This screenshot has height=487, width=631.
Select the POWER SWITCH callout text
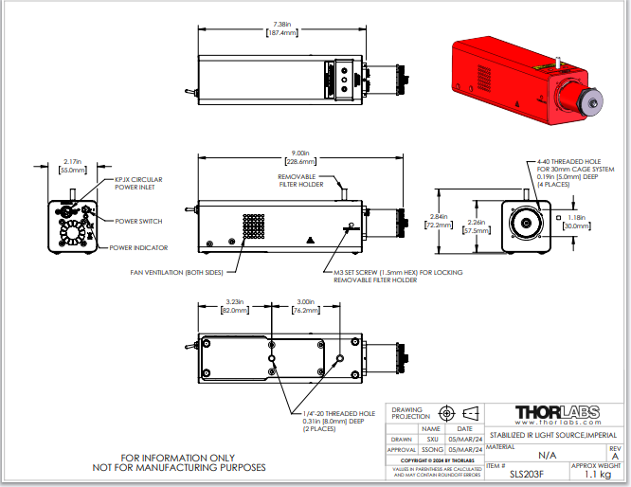(x=137, y=222)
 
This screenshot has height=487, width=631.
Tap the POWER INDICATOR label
(x=138, y=247)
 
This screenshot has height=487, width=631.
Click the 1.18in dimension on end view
(x=576, y=221)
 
